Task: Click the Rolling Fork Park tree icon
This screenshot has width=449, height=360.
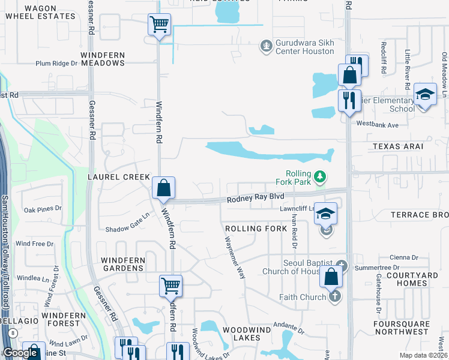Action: (321, 176)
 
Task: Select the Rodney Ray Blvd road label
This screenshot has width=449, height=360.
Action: (255, 197)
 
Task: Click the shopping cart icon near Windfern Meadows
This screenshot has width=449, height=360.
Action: (160, 25)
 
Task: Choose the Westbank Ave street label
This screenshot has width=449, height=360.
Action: (377, 125)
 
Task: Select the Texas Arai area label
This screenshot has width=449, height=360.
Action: (397, 146)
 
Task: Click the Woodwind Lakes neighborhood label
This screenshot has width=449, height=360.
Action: (251, 334)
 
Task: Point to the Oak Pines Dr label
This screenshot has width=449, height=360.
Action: (43, 210)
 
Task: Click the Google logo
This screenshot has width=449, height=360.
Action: (20, 353)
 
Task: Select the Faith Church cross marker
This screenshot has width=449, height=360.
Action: (335, 296)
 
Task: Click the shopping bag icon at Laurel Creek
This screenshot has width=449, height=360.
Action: (163, 188)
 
